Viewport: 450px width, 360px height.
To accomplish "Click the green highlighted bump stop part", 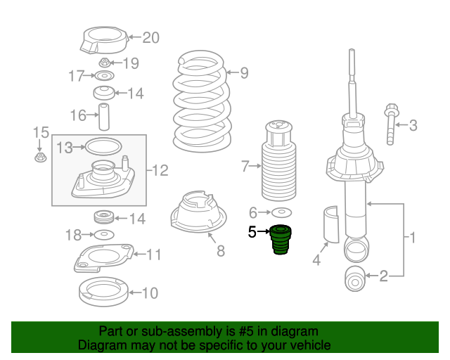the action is (281, 240).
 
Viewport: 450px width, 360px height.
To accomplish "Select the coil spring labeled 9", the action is (202, 101).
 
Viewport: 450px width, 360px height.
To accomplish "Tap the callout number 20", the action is (151, 37).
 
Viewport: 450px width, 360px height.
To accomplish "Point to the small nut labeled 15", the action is (41, 157).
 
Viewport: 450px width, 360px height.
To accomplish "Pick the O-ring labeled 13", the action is (103, 147).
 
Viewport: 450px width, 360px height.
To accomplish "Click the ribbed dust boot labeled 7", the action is (278, 160).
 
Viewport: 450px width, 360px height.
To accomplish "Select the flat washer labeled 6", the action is (281, 212).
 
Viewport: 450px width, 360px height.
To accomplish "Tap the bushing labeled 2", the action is (355, 279).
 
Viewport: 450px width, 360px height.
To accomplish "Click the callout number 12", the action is (160, 171).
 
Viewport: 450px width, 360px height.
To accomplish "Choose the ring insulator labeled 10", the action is (103, 292).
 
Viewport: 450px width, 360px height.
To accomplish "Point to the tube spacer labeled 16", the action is (104, 117).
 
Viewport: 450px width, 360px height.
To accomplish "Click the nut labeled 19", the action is (105, 63).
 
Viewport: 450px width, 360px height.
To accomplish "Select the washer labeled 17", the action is (105, 76).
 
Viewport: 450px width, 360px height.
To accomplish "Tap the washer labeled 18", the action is (104, 235).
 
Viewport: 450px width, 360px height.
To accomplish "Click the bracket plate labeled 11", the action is (103, 258).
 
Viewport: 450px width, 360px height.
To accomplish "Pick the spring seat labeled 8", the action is (198, 212).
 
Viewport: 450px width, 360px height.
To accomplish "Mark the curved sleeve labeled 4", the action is (331, 224).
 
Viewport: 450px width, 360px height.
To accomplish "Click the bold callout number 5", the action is (252, 232).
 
